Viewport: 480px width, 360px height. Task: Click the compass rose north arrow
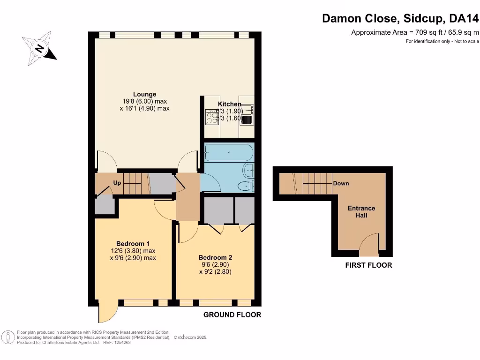pyautogui.click(x=40, y=47)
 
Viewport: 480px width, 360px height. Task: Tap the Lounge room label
pyautogui.click(x=144, y=94)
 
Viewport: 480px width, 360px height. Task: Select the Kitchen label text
pyautogui.click(x=230, y=104)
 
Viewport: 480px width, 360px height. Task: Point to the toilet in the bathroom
pyautogui.click(x=244, y=186)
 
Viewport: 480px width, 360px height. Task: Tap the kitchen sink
pyautogui.click(x=247, y=110)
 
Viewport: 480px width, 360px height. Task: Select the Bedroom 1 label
pyautogui.click(x=133, y=243)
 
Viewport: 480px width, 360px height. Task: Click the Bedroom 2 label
pyautogui.click(x=215, y=257)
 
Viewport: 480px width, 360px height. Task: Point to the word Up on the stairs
pyautogui.click(x=117, y=183)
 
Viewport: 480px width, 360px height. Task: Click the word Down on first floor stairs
pyautogui.click(x=341, y=183)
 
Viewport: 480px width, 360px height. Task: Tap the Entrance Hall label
pyautogui.click(x=361, y=211)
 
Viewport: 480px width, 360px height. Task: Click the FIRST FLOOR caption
pyautogui.click(x=368, y=265)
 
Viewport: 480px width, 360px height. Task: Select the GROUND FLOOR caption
pyautogui.click(x=232, y=315)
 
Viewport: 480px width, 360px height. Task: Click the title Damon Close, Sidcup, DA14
pyautogui.click(x=400, y=19)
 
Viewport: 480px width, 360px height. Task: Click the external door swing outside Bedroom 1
pyautogui.click(x=107, y=314)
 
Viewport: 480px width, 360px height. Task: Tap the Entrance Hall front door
pyautogui.click(x=368, y=244)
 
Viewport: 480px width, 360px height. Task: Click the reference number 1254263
pyautogui.click(x=120, y=343)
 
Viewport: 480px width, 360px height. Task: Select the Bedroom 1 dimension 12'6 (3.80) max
pyautogui.click(x=133, y=251)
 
